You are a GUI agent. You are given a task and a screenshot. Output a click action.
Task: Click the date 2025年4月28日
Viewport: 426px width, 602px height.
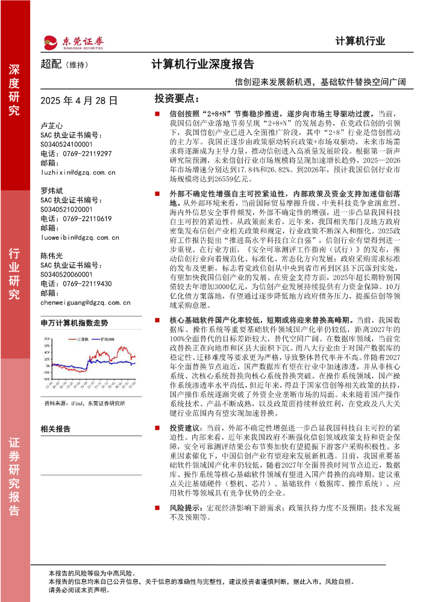pos(79,101)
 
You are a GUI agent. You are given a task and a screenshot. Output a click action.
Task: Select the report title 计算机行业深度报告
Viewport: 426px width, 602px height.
pos(202,64)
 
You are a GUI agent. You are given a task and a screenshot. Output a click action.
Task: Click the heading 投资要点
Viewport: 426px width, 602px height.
pos(176,98)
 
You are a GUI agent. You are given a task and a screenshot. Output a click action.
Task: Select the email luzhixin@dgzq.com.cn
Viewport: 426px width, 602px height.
pos(78,172)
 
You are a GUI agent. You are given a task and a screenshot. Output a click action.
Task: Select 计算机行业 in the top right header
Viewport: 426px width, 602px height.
pos(360,42)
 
